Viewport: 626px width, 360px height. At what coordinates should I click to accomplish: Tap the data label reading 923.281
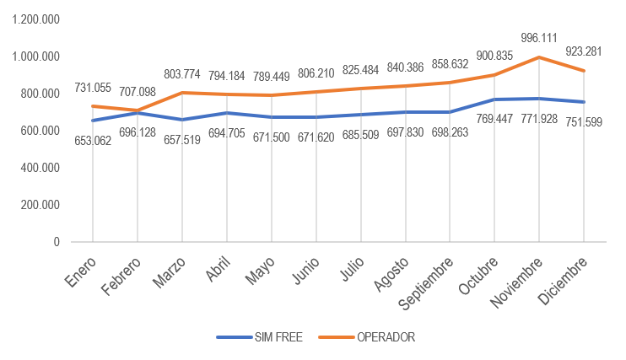(584, 53)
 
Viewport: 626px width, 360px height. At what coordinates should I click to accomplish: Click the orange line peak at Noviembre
(539, 57)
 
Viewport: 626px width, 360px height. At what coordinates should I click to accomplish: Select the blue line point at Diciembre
(585, 102)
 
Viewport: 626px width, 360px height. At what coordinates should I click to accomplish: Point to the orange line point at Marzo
(181, 93)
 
